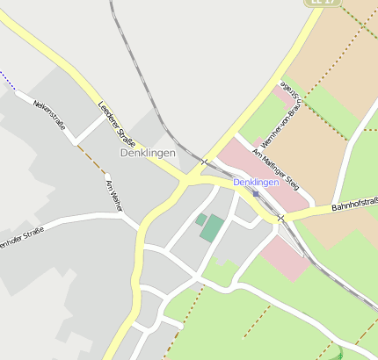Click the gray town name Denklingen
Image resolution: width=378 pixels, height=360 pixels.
click(x=148, y=153)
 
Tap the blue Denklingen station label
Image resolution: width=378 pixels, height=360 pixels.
click(x=256, y=182)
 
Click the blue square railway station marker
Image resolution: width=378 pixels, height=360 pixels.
click(x=256, y=193)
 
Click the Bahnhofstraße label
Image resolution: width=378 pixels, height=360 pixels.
click(x=353, y=206)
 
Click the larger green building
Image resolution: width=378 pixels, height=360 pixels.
click(x=212, y=227)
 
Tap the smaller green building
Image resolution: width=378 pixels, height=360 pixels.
click(x=200, y=219)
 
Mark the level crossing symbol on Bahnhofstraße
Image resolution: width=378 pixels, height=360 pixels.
click(x=280, y=218)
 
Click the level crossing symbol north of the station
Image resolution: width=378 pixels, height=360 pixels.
click(x=204, y=162)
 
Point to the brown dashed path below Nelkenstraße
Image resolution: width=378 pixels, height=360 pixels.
click(x=91, y=158)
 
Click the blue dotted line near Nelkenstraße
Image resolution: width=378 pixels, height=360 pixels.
click(x=8, y=81)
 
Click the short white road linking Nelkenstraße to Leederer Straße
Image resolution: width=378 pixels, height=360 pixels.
click(x=89, y=128)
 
